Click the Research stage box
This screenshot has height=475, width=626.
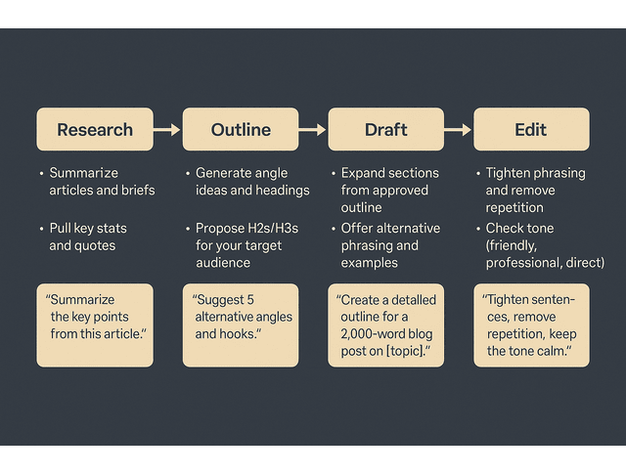pyautogui.click(x=95, y=129)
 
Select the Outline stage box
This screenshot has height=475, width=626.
pyautogui.click(x=241, y=129)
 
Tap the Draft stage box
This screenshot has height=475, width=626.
pyautogui.click(x=385, y=129)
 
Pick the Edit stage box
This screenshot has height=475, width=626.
pyautogui.click(x=531, y=129)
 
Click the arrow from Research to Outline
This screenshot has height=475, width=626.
pyautogui.click(x=167, y=129)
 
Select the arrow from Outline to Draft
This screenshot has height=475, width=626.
pyautogui.click(x=313, y=129)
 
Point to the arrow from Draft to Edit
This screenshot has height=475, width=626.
pyautogui.click(x=458, y=129)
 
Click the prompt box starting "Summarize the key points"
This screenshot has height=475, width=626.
pyautogui.click(x=95, y=324)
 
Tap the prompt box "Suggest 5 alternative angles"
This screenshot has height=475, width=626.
pyautogui.click(x=241, y=324)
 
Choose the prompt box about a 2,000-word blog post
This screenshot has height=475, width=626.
pyautogui.click(x=385, y=324)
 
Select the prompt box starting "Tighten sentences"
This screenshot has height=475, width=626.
pyautogui.click(x=531, y=324)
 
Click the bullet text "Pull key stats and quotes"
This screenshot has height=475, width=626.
pyautogui.click(x=88, y=237)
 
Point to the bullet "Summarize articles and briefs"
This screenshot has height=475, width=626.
pyautogui.click(x=102, y=181)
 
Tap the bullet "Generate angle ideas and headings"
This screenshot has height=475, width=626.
pyautogui.click(x=251, y=181)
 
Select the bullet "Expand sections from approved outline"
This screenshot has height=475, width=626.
pyautogui.click(x=389, y=190)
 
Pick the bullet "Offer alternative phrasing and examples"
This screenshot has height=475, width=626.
pyautogui.click(x=389, y=244)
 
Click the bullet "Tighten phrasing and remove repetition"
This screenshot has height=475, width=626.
pyautogui.click(x=534, y=190)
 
